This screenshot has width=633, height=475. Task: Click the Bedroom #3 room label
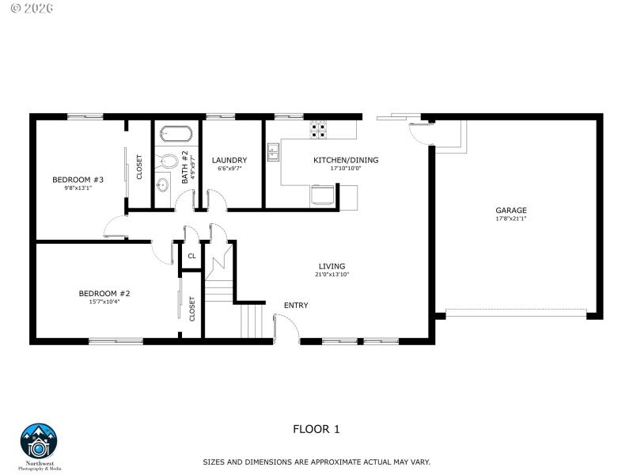click(78, 179)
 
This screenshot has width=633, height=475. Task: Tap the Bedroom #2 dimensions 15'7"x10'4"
click(104, 301)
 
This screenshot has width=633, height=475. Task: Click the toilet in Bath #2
click(168, 161)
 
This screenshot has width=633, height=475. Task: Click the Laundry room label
click(229, 160)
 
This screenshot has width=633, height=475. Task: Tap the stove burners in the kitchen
click(319, 128)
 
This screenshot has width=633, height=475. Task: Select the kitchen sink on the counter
click(274, 151)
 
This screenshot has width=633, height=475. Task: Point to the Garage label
click(511, 211)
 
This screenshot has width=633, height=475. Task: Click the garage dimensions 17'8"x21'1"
click(511, 218)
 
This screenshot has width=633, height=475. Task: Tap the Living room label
click(332, 266)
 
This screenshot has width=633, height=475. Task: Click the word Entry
click(296, 306)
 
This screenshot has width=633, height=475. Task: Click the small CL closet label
click(191, 256)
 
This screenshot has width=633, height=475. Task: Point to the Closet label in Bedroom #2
click(192, 309)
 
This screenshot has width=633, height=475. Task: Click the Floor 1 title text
click(316, 430)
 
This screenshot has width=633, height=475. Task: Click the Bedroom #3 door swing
click(113, 230)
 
